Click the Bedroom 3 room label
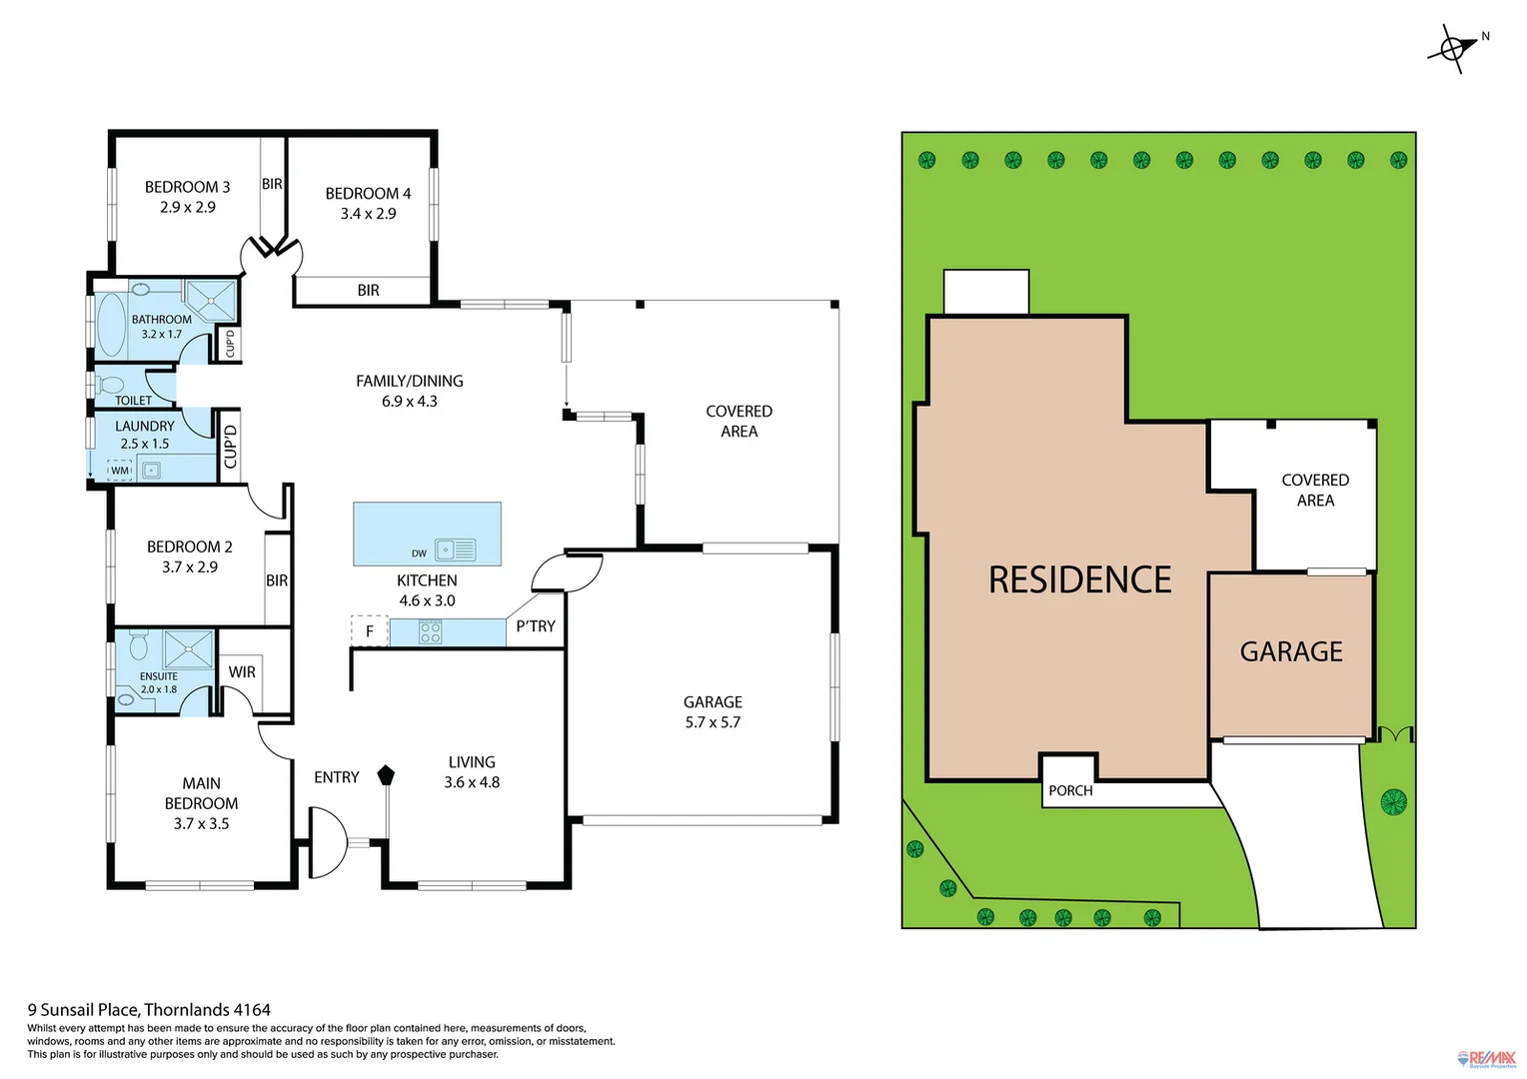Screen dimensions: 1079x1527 pyautogui.click(x=187, y=187)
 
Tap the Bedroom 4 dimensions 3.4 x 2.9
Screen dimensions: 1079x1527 pyautogui.click(x=368, y=214)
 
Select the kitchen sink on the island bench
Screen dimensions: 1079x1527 pyautogui.click(x=456, y=549)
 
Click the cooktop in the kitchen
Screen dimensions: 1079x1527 pyautogui.click(x=431, y=632)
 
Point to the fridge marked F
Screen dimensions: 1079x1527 pyautogui.click(x=369, y=631)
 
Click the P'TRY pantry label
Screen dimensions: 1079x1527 pyautogui.click(x=536, y=626)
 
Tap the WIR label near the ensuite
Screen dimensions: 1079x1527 pyautogui.click(x=242, y=672)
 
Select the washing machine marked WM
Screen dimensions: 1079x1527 pyautogui.click(x=120, y=470)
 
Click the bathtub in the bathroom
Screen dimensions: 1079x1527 pyautogui.click(x=111, y=325)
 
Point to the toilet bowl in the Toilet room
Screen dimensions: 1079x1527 pyautogui.click(x=110, y=385)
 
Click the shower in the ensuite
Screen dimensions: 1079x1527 pyautogui.click(x=188, y=648)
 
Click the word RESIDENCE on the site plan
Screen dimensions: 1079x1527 pyautogui.click(x=1079, y=580)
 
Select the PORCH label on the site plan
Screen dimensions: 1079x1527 pyautogui.click(x=1070, y=790)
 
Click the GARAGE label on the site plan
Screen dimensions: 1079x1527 pyautogui.click(x=1291, y=652)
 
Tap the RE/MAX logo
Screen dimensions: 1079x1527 pyautogui.click(x=1487, y=1059)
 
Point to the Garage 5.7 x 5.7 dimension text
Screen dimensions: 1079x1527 pyautogui.click(x=713, y=722)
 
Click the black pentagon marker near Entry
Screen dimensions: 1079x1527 pyautogui.click(x=386, y=774)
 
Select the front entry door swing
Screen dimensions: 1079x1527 pyautogui.click(x=328, y=842)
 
